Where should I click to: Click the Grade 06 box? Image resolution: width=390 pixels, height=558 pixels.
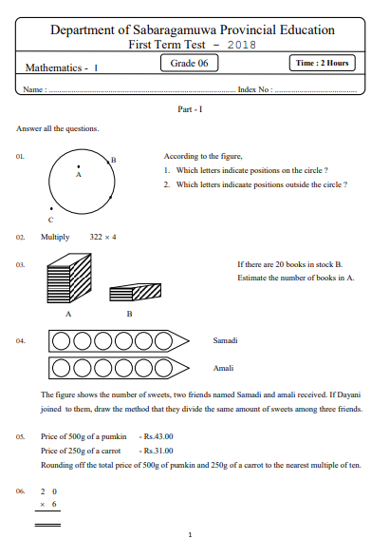(x=190, y=64)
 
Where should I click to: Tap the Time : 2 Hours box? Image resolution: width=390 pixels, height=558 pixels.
(x=323, y=64)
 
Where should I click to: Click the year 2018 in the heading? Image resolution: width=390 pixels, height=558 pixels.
(x=242, y=45)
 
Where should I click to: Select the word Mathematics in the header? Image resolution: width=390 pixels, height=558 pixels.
(x=52, y=67)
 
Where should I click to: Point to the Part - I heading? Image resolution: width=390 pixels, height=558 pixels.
(x=190, y=109)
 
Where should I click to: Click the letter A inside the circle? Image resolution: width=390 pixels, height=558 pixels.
(x=79, y=175)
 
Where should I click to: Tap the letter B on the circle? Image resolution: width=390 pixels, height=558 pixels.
(x=114, y=160)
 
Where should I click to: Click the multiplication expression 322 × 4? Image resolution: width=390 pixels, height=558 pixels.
(x=102, y=237)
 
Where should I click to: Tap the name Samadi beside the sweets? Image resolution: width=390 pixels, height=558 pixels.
(x=226, y=339)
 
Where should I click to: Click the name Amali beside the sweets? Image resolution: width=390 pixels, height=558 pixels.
(x=223, y=367)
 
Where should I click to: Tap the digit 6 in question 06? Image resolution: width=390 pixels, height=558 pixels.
(x=54, y=505)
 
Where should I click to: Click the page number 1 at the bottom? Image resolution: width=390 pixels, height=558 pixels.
(x=190, y=534)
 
